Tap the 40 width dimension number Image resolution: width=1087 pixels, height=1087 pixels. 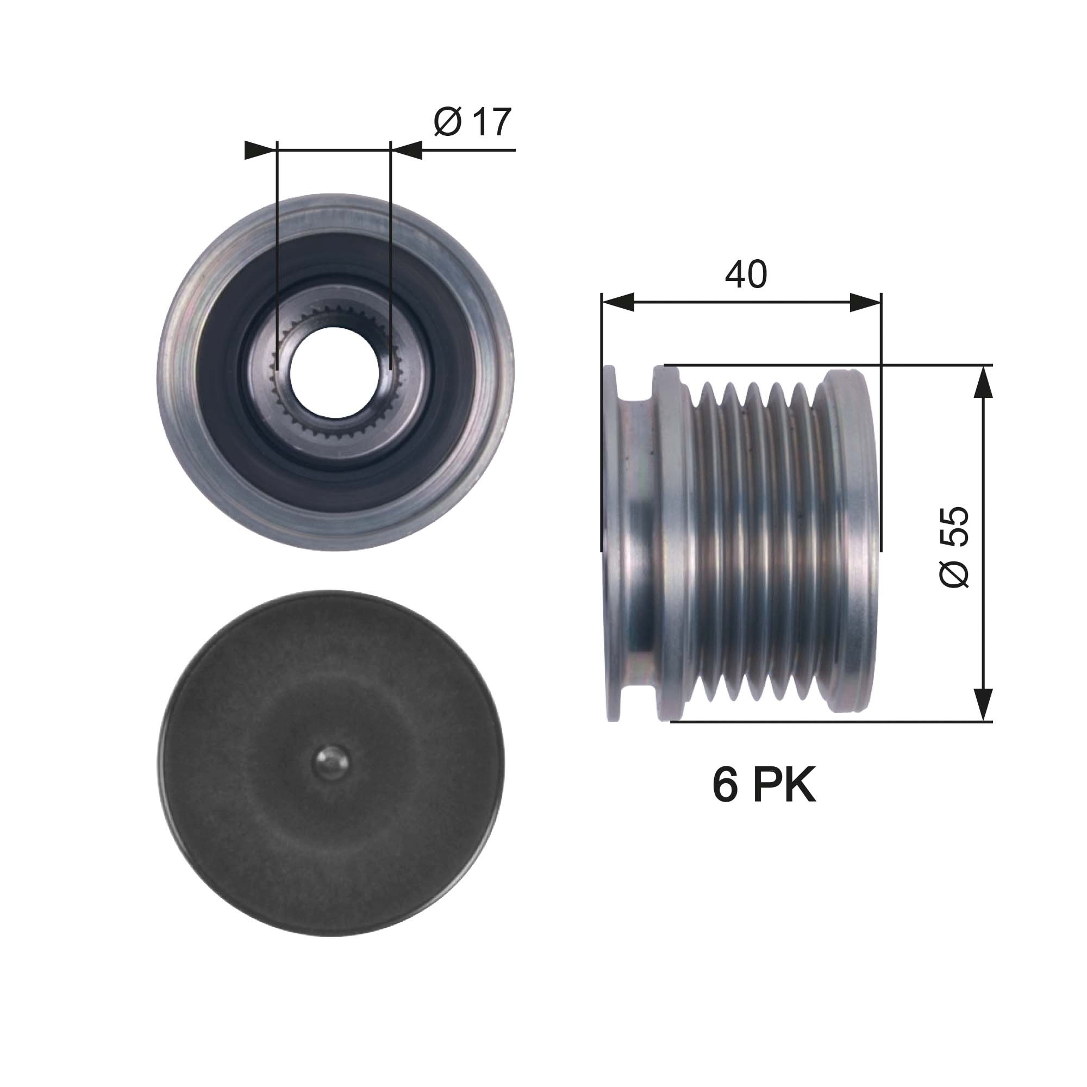pos(746,274)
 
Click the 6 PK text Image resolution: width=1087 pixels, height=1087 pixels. pos(763,785)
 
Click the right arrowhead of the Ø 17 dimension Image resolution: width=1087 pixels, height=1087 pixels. pos(406,150)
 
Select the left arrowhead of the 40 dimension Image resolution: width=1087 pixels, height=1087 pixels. pos(618,302)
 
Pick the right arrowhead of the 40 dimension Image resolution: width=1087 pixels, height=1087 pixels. pos(865,302)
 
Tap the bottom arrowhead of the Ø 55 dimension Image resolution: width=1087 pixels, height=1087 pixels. pos(982,704)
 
